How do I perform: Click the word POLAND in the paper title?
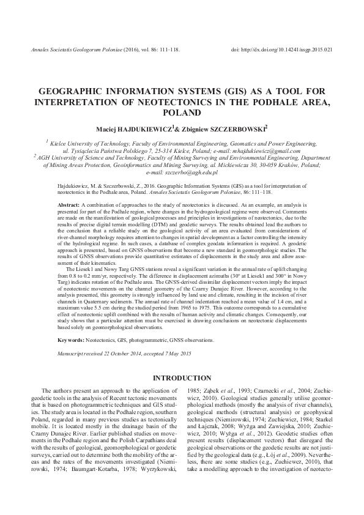(182, 113)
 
